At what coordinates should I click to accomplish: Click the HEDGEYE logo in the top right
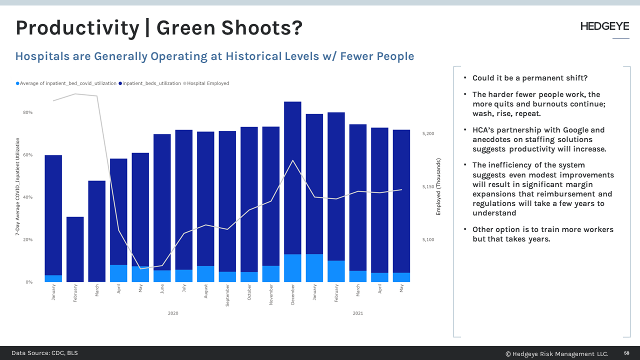tap(604, 26)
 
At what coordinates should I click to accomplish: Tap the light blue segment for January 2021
tap(314, 268)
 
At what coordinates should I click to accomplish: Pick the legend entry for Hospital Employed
tap(207, 83)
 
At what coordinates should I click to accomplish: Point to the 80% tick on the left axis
tap(27, 112)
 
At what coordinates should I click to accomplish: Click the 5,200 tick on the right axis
tap(428, 134)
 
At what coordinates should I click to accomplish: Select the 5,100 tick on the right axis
tap(428, 240)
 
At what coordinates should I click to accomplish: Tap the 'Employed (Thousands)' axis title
tap(438, 186)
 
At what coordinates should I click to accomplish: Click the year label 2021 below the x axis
tap(358, 313)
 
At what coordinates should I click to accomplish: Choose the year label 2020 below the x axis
tap(173, 313)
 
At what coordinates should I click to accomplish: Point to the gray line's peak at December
tap(292, 160)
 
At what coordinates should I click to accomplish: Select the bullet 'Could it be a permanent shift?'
tap(530, 78)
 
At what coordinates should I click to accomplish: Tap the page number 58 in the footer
tap(626, 353)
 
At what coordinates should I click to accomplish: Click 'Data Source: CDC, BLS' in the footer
tap(44, 353)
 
